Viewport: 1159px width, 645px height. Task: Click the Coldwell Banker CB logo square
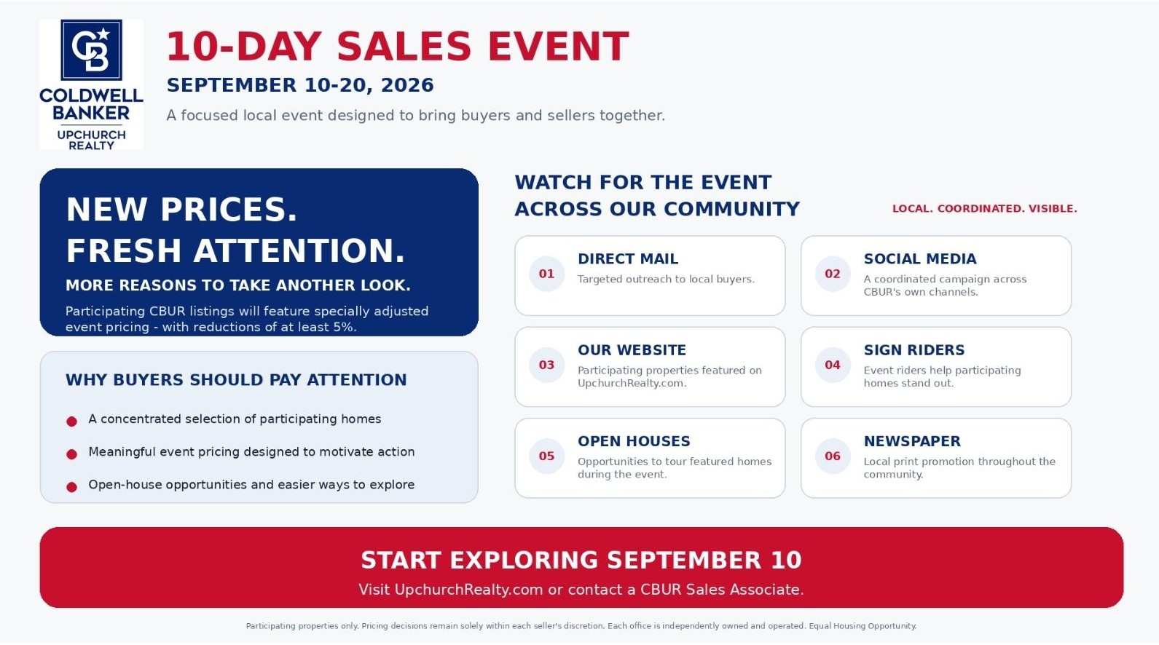tap(92, 50)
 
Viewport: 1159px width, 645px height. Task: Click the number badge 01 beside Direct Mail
tap(546, 274)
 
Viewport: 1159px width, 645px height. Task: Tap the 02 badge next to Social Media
tap(833, 274)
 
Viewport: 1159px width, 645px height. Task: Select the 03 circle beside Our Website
tap(546, 365)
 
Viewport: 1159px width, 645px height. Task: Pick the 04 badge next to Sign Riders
tap(833, 365)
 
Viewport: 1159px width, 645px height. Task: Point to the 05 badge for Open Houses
tap(546, 456)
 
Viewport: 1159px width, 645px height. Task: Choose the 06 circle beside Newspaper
tap(833, 456)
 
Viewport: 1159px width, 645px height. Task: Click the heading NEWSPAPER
tap(911, 441)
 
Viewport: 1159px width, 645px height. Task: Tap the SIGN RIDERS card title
tap(914, 350)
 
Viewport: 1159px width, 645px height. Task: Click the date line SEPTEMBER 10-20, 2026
tap(300, 85)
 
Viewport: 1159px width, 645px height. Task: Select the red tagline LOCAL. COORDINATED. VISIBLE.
tap(985, 208)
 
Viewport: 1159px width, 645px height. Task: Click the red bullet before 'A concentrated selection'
tap(72, 422)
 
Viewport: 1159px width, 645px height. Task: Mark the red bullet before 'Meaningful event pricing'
tap(72, 454)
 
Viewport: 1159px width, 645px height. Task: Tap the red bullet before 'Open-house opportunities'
tap(72, 487)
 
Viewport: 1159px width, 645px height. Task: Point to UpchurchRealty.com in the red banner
tap(469, 590)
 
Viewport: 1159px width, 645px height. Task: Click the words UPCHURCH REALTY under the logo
tap(92, 141)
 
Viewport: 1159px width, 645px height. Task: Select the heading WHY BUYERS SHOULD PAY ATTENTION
tap(236, 380)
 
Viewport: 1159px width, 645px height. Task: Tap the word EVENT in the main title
tap(558, 47)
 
